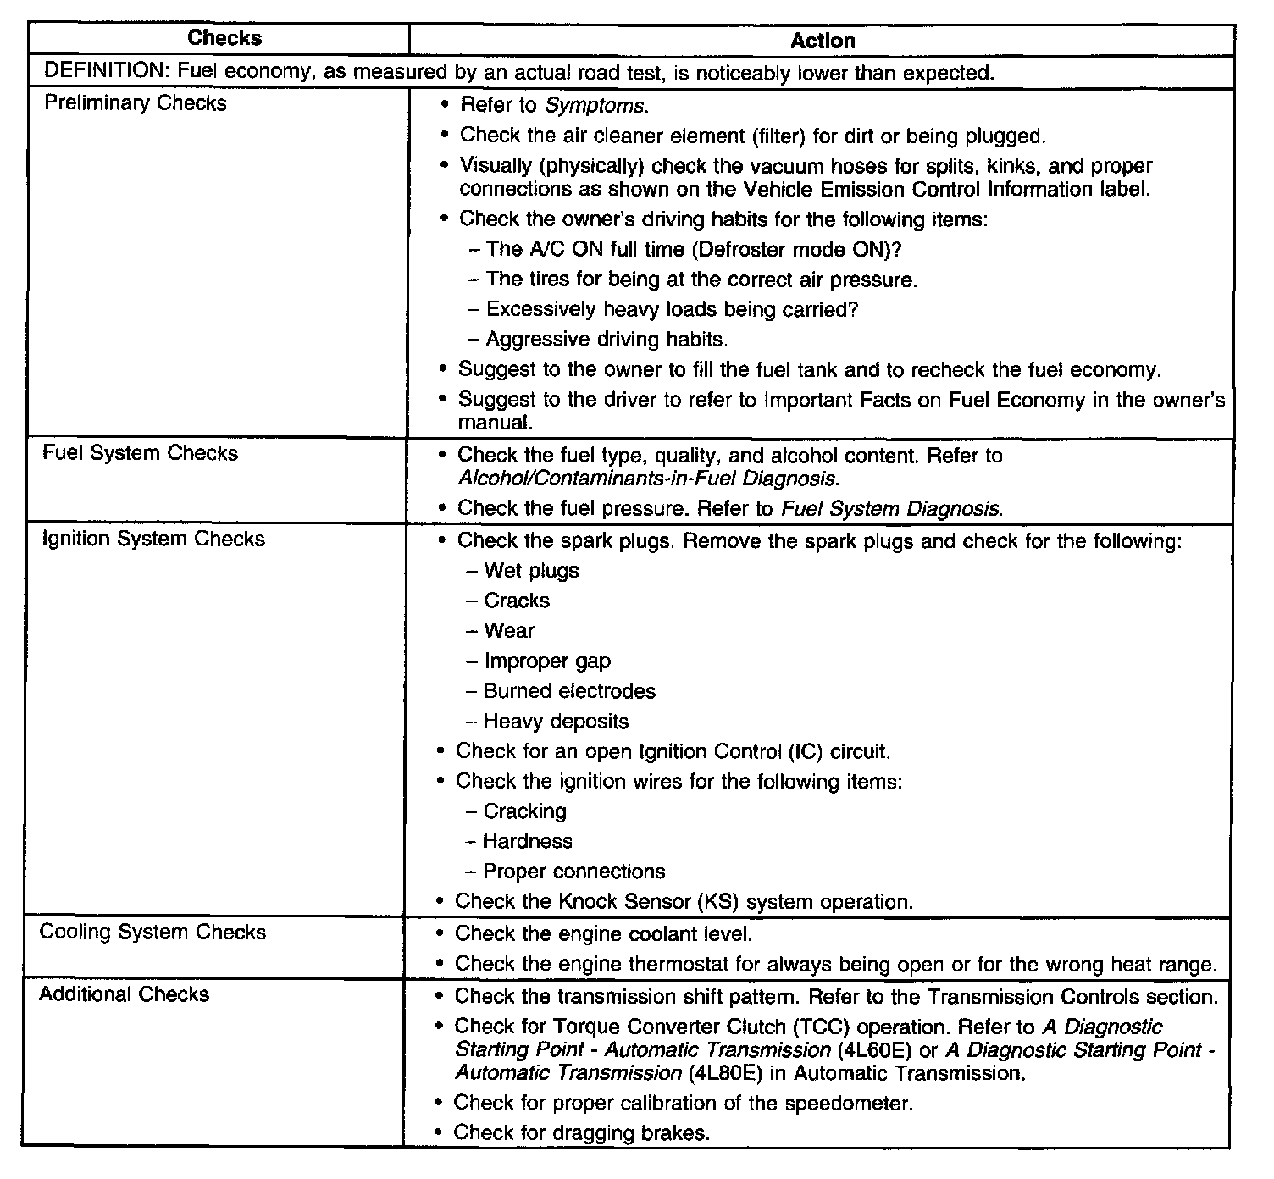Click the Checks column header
point(224,38)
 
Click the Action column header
point(822,41)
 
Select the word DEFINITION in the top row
point(100,73)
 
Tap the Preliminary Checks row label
point(136,103)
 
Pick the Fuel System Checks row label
point(141,453)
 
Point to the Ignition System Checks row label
point(153,539)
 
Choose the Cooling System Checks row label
point(152,933)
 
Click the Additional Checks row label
point(124,994)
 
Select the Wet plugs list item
point(531,571)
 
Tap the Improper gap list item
point(546,661)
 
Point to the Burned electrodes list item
point(568,691)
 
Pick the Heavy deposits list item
point(556,722)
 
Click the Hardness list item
point(527,841)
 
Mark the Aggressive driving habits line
point(607,340)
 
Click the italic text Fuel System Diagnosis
point(891,509)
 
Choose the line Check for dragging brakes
point(581,1132)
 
